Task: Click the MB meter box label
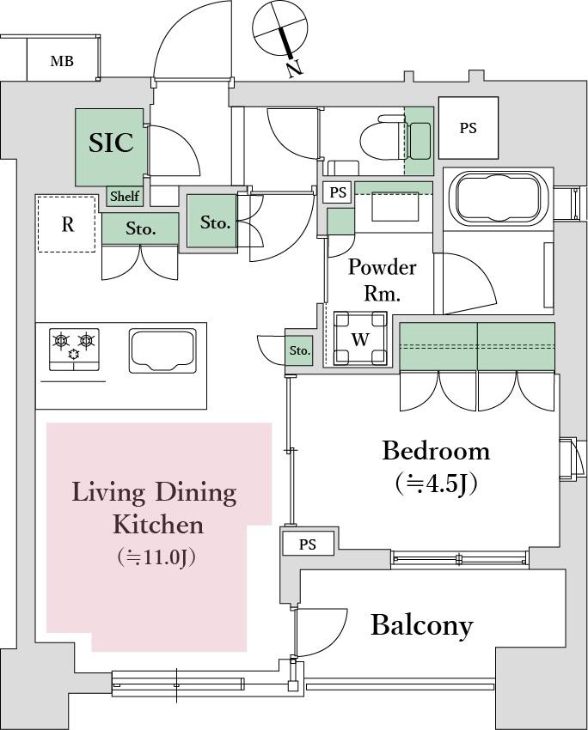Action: pyautogui.click(x=62, y=61)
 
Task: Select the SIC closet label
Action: pyautogui.click(x=112, y=143)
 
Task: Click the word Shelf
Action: pyautogui.click(x=125, y=196)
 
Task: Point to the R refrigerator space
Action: pyautogui.click(x=67, y=224)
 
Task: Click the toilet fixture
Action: pyautogui.click(x=382, y=137)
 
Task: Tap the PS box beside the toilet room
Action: pyautogui.click(x=469, y=128)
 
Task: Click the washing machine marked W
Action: pyautogui.click(x=360, y=338)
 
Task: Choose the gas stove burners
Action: pyautogui.click(x=74, y=350)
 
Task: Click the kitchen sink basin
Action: pyautogui.click(x=162, y=351)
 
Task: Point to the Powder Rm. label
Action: pyautogui.click(x=382, y=280)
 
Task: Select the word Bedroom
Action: pyautogui.click(x=436, y=451)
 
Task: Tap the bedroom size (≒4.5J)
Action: pyautogui.click(x=437, y=484)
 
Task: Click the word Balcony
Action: pyautogui.click(x=422, y=626)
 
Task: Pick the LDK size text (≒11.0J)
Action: pyautogui.click(x=156, y=557)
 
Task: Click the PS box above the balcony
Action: pyautogui.click(x=308, y=544)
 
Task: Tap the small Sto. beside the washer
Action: pyautogui.click(x=300, y=350)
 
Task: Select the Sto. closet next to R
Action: pyautogui.click(x=140, y=228)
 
